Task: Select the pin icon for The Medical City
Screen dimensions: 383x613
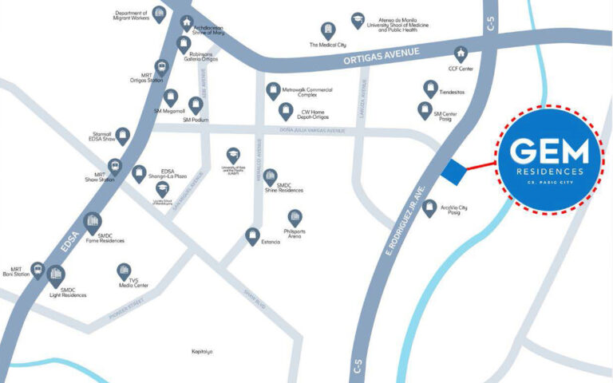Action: point(327,30)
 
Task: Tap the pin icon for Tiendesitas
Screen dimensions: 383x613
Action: point(430,89)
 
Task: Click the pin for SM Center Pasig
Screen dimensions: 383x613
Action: point(425,110)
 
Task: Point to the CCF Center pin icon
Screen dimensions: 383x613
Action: point(461,54)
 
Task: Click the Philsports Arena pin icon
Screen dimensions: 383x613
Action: point(295,217)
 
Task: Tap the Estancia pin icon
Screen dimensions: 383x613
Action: point(252,236)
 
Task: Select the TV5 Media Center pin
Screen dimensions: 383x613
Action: point(124,271)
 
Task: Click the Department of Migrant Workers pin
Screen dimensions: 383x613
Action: point(160,14)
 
